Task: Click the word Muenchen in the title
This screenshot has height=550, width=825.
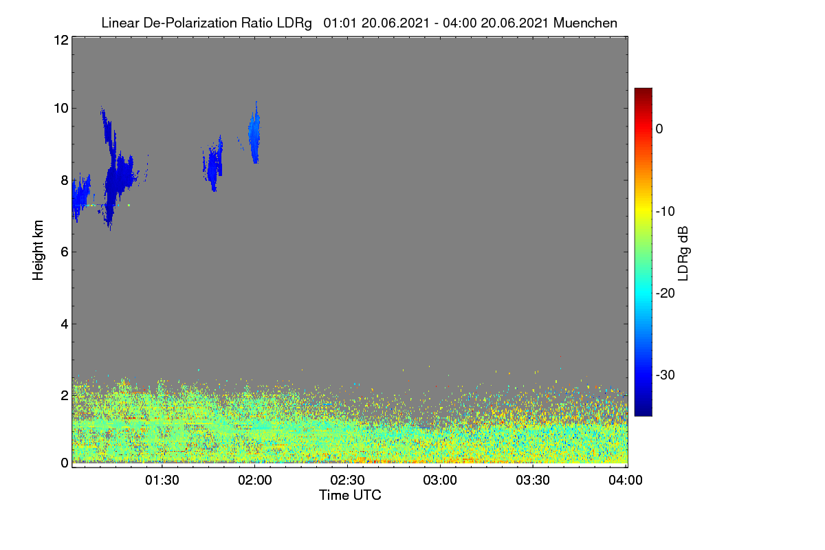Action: point(585,23)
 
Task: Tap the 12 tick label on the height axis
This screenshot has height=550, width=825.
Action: point(61,40)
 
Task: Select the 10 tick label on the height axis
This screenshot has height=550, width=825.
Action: point(61,109)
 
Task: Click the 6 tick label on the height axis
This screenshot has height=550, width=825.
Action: point(65,252)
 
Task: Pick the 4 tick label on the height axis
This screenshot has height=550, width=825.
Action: point(65,324)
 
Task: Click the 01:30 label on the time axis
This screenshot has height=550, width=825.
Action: point(162,480)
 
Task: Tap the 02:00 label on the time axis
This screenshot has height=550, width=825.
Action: point(255,480)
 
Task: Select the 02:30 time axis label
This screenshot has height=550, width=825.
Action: point(347,480)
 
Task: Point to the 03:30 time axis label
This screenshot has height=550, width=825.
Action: point(533,480)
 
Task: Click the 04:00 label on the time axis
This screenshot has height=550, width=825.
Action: point(626,480)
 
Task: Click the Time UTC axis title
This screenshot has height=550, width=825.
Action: point(350,495)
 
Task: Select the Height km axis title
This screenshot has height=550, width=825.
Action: point(38,250)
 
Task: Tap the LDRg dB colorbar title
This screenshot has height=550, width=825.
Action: point(683,254)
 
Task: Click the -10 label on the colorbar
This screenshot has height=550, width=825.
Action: point(665,212)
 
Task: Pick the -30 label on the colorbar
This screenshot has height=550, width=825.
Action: point(665,375)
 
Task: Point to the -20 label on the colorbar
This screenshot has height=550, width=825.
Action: point(665,294)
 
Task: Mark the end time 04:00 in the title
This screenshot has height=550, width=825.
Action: point(460,23)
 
